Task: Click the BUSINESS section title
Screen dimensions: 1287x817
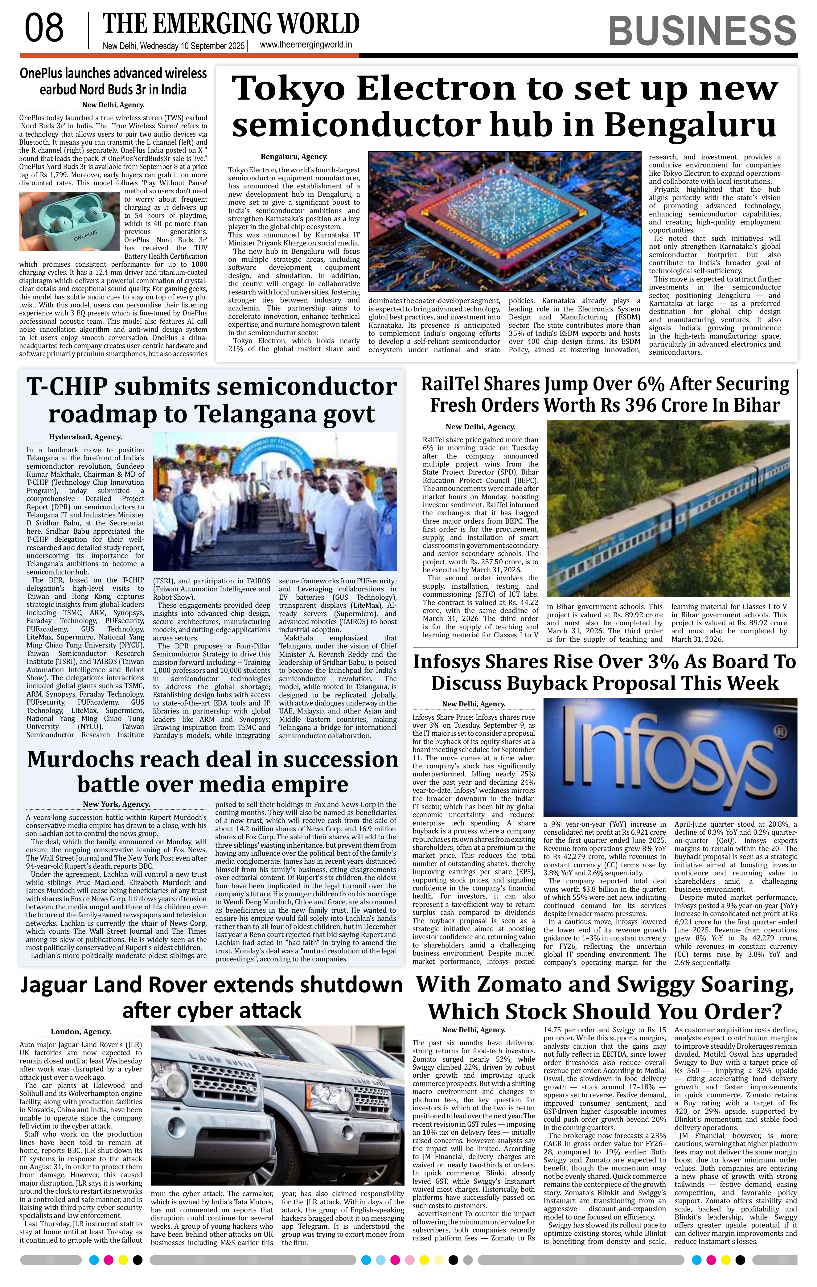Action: [x=702, y=31]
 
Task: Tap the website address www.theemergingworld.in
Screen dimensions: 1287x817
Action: [x=306, y=45]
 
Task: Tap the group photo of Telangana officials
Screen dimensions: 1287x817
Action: [x=275, y=501]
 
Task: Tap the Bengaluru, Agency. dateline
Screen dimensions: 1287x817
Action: [x=294, y=157]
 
